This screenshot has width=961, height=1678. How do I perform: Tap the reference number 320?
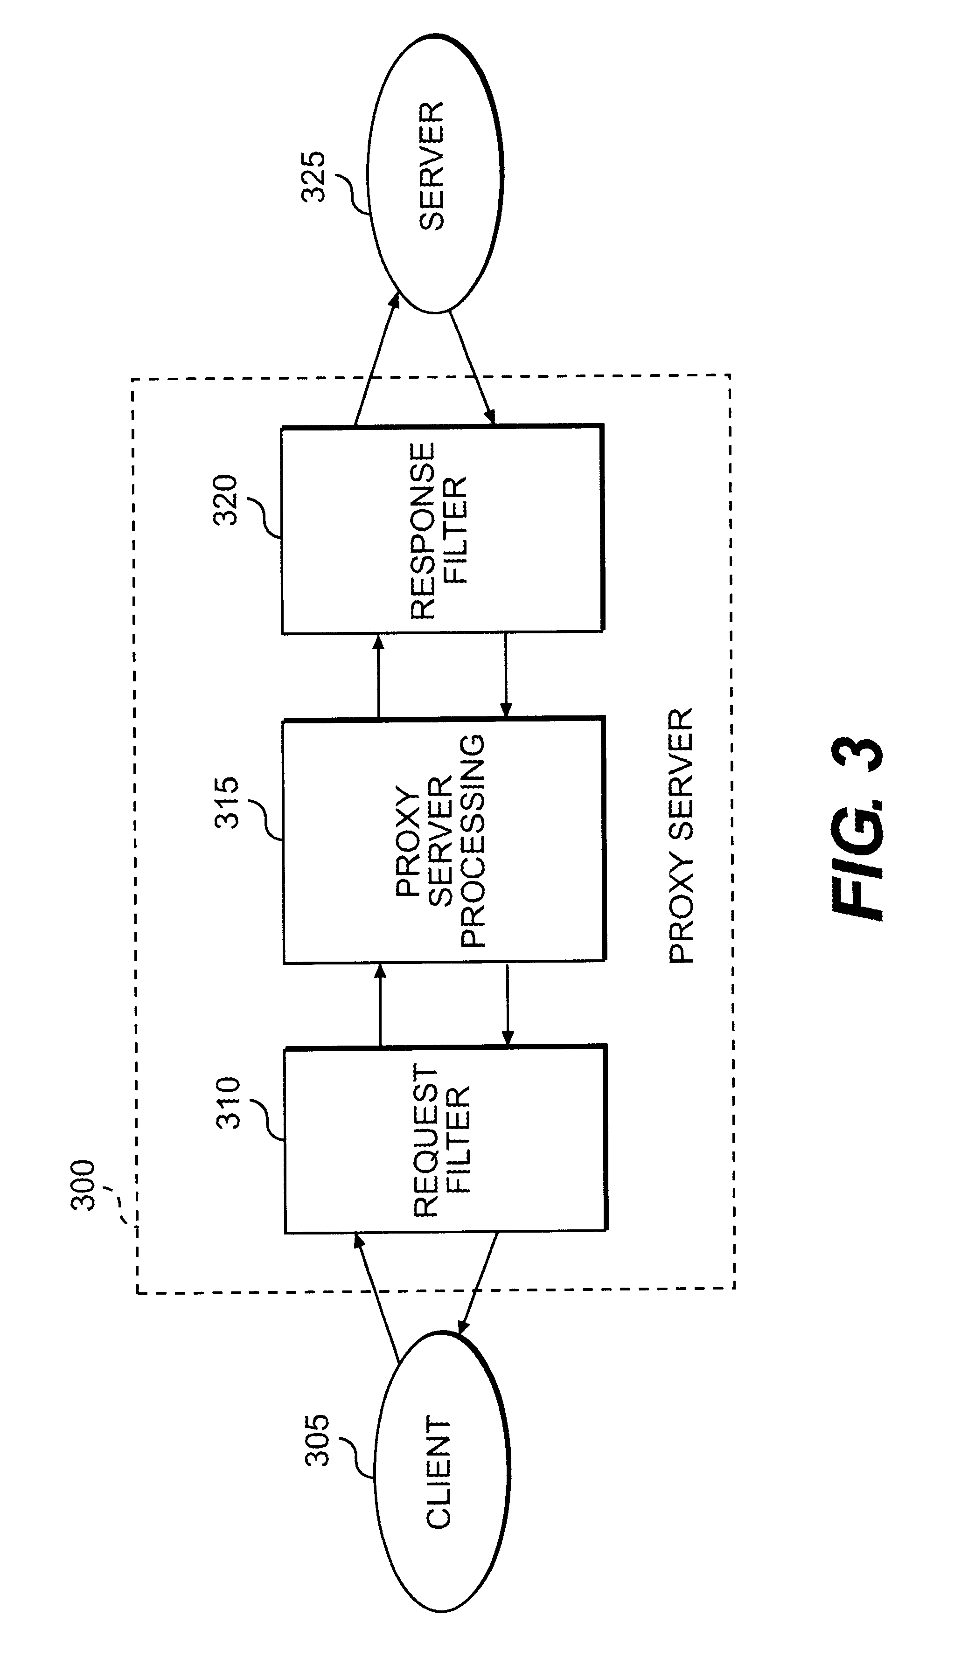(x=225, y=499)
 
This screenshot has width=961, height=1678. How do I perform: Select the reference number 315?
(x=226, y=802)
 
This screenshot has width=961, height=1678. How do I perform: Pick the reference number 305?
(x=316, y=1439)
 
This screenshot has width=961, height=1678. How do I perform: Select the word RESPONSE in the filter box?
(x=422, y=531)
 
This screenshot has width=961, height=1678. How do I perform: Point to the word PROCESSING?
(x=472, y=841)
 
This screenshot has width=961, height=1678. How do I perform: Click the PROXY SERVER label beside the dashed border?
(x=681, y=835)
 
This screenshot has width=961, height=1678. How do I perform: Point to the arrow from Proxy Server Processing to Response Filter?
(x=378, y=676)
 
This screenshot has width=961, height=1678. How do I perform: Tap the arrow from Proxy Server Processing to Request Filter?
(x=508, y=1005)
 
